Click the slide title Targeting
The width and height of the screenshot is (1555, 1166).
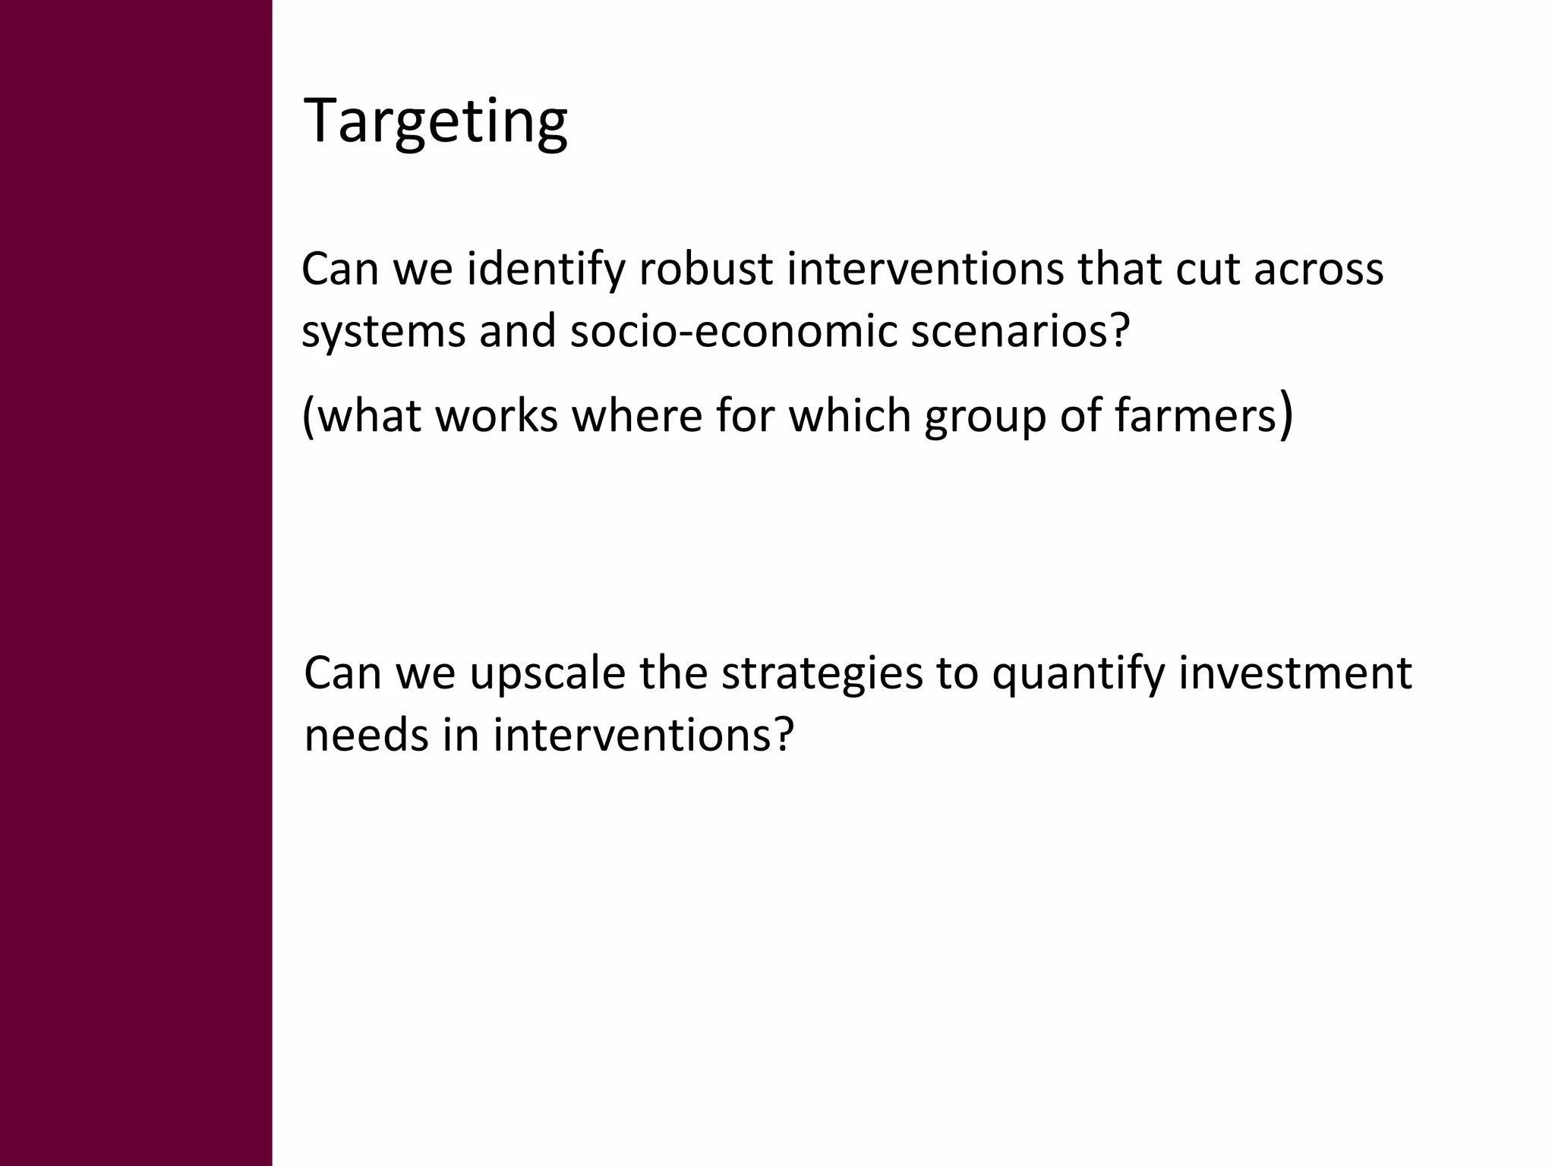pyautogui.click(x=435, y=121)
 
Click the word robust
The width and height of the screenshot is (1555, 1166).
pyautogui.click(x=705, y=269)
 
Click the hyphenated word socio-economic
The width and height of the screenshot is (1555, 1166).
pyautogui.click(x=733, y=332)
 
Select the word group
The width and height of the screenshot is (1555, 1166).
pyautogui.click(x=985, y=418)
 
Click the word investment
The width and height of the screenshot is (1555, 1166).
pyautogui.click(x=1295, y=673)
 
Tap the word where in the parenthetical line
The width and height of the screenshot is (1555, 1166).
pyautogui.click(x=637, y=416)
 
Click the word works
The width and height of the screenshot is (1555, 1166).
pyautogui.click(x=497, y=416)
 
